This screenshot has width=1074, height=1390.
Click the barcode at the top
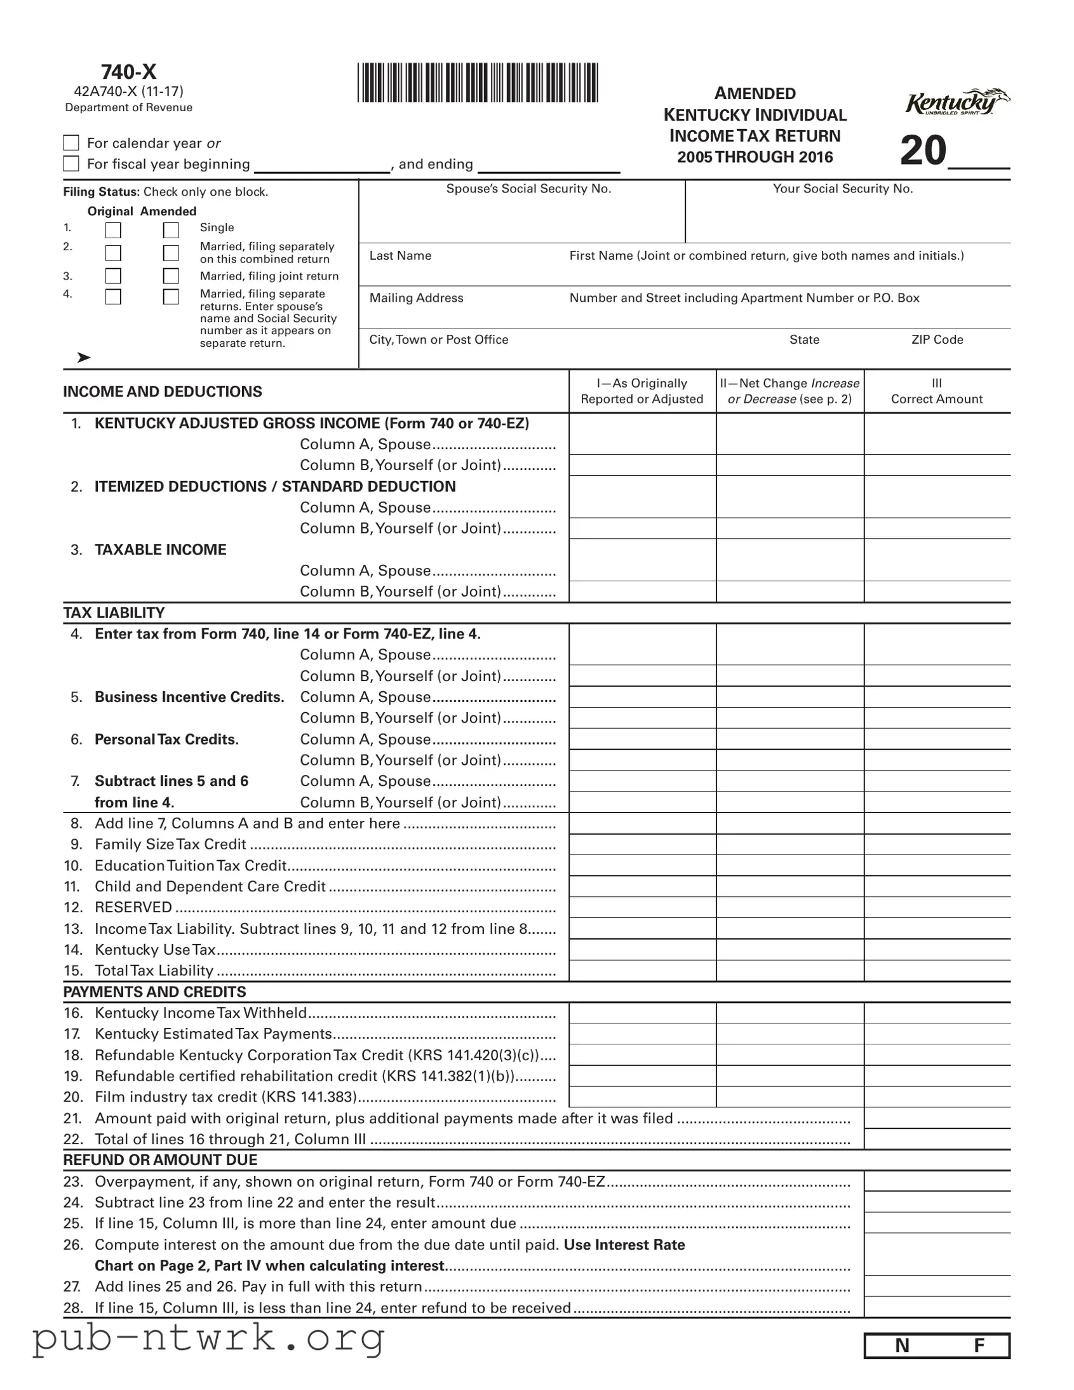tap(477, 83)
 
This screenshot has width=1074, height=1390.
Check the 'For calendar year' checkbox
tap(71, 142)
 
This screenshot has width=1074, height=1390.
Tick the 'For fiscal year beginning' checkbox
tap(71, 163)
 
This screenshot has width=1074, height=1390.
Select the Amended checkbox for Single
tap(170, 230)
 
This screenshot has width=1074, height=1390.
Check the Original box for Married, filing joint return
tap(113, 276)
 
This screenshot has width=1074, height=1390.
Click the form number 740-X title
tap(128, 72)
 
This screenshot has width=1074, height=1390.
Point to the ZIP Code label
tap(937, 340)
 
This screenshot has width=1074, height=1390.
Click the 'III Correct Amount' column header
tap(937, 391)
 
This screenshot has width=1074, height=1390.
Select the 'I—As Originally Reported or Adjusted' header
tap(641, 391)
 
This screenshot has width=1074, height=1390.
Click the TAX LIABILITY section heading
tap(114, 612)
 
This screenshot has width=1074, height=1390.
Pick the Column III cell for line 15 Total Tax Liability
tap(937, 971)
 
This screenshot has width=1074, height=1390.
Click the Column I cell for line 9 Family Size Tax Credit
tap(642, 844)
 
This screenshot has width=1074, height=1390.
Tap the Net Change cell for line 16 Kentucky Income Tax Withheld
tap(789, 1013)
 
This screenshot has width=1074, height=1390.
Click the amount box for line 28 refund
tap(937, 1307)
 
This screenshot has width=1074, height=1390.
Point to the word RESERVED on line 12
tap(133, 908)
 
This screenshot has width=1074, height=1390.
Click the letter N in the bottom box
tap(902, 1346)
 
